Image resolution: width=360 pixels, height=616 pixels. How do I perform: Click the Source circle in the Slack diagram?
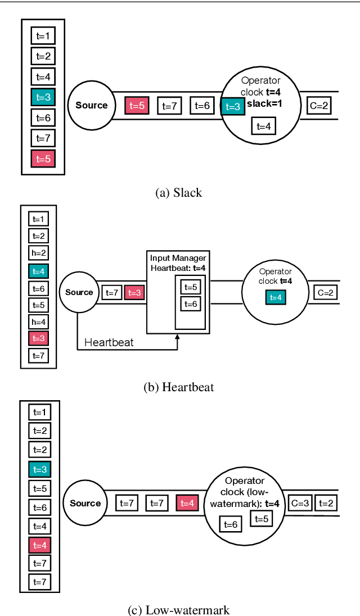click(x=91, y=105)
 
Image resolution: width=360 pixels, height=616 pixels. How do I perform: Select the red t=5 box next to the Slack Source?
click(x=137, y=105)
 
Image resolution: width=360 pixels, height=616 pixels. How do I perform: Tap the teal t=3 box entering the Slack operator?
click(x=233, y=106)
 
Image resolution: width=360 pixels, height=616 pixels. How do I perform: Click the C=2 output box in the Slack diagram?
click(x=318, y=105)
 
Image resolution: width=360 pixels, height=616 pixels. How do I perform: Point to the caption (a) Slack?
click(x=178, y=193)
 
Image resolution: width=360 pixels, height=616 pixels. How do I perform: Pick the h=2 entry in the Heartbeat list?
click(x=39, y=253)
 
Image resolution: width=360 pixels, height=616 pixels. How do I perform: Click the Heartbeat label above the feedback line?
click(x=109, y=342)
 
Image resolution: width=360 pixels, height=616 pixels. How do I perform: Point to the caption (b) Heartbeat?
click(x=178, y=387)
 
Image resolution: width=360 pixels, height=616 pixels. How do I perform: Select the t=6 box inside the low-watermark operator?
click(x=231, y=524)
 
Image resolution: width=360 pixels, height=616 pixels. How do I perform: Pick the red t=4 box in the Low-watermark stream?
click(x=187, y=503)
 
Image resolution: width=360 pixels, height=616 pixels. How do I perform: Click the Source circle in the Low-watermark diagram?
click(x=85, y=503)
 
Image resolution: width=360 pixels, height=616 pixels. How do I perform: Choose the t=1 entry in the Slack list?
click(x=43, y=37)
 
